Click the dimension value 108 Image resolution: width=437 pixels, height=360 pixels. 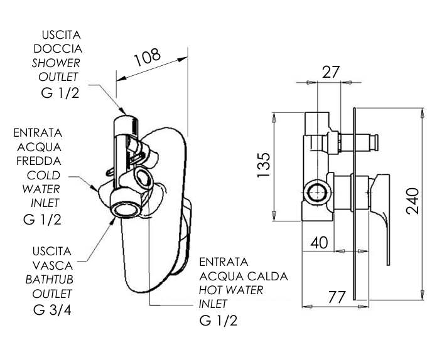point(147,57)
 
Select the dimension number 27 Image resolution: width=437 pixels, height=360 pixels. point(331,72)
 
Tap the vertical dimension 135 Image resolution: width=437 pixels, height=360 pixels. point(264,165)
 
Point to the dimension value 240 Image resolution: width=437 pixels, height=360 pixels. point(413,201)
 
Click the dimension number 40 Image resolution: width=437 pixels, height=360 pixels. point(319,243)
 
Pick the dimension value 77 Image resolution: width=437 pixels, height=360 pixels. point(337,297)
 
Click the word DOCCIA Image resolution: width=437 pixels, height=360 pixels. point(58,49)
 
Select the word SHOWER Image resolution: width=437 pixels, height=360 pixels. point(56,63)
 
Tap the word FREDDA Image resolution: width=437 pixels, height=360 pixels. point(39,161)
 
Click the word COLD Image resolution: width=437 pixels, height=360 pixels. point(43,176)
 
